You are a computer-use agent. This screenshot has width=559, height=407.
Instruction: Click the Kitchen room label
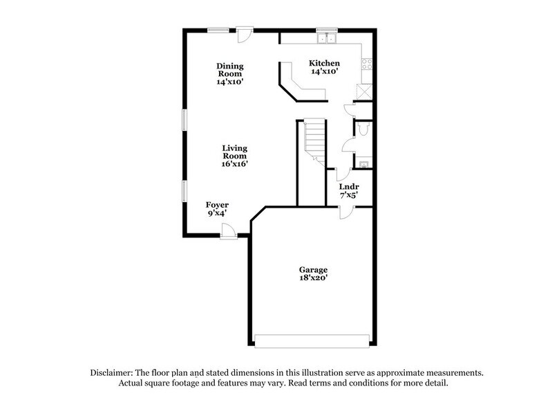tap(324, 62)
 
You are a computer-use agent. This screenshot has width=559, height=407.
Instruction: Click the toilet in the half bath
tap(364, 130)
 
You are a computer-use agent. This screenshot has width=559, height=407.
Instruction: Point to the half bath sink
tap(363, 163)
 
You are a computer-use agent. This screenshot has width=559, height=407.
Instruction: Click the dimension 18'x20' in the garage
tap(313, 278)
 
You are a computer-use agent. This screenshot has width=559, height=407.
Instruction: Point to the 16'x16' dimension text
tap(235, 165)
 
